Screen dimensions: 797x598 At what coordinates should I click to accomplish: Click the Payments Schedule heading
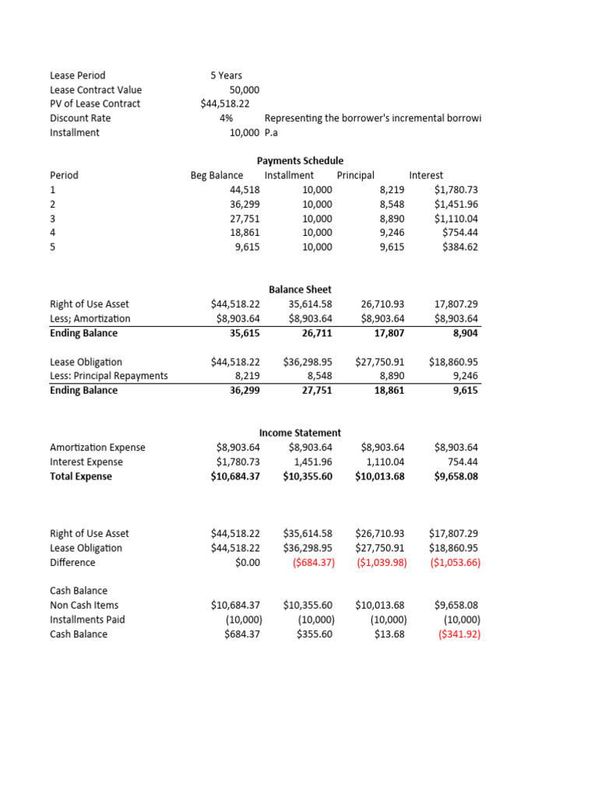(x=300, y=160)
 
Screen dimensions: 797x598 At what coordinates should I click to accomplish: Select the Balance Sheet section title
(x=300, y=290)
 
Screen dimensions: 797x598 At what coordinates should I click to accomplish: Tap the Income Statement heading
(x=300, y=433)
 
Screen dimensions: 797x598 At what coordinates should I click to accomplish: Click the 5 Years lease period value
(x=226, y=75)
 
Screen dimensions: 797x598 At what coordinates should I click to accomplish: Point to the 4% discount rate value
(x=227, y=118)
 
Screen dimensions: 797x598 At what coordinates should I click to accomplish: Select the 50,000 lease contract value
(x=239, y=90)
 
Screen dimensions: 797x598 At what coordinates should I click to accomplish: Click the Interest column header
(x=426, y=175)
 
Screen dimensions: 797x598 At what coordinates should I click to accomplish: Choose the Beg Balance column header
(x=216, y=175)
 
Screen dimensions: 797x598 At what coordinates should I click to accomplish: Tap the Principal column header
(x=356, y=175)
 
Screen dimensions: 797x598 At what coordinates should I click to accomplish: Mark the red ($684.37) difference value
(x=309, y=562)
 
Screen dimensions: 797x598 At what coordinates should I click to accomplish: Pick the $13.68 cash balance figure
(x=388, y=634)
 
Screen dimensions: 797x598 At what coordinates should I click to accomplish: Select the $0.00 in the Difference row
(x=247, y=562)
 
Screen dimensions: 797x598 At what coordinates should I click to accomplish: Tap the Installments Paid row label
(x=87, y=620)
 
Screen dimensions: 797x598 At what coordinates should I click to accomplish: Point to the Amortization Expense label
(x=97, y=448)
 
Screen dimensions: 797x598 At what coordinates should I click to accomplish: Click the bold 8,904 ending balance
(x=465, y=333)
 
